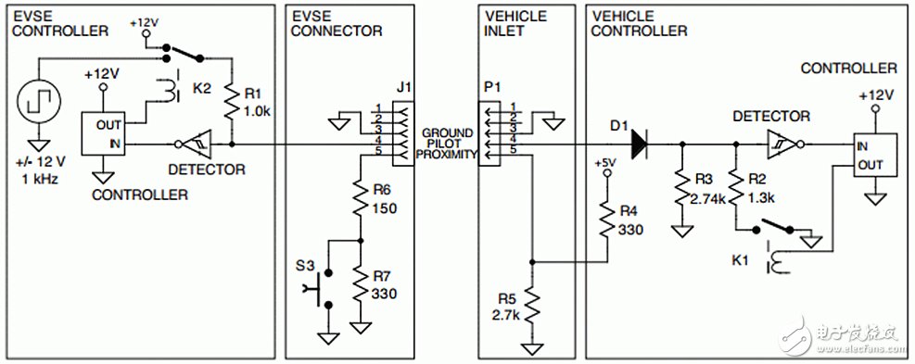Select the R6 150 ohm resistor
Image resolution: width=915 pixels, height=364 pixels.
point(360,197)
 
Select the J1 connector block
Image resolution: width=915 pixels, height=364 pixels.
point(401,129)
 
